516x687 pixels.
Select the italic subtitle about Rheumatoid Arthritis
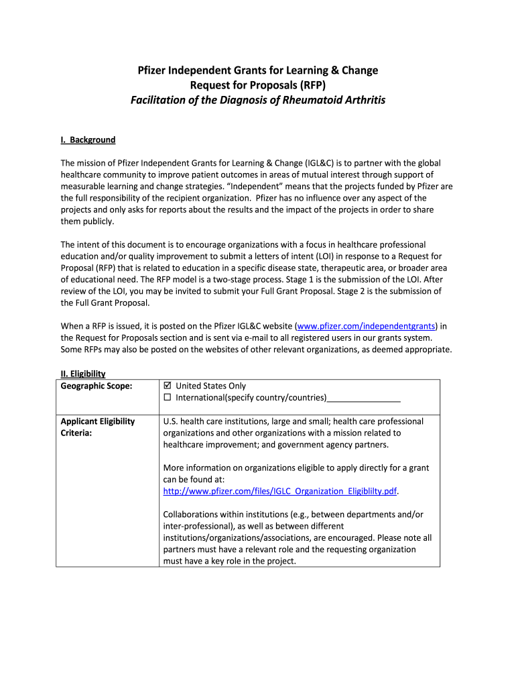(x=258, y=100)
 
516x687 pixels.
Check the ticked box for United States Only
(x=168, y=386)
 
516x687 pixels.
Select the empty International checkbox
(x=168, y=398)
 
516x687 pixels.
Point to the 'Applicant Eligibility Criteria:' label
(x=98, y=427)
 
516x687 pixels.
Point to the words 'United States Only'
(x=210, y=386)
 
